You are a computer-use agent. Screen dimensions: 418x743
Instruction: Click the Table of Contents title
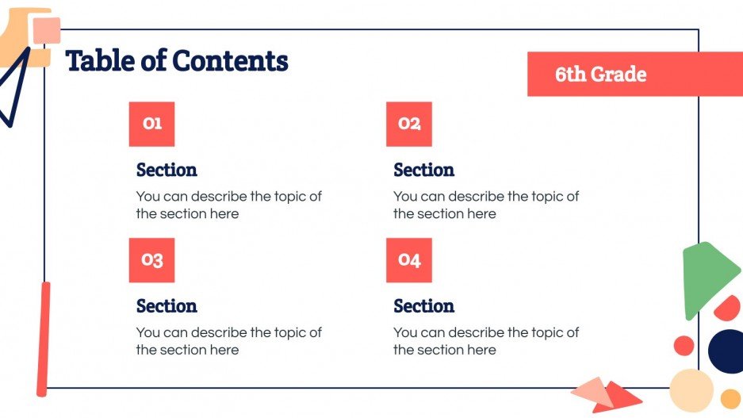point(176,61)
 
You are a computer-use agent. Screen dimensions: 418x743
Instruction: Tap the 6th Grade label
point(600,75)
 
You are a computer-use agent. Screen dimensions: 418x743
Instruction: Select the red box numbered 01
point(151,124)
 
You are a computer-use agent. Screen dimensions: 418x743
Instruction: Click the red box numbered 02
point(409,124)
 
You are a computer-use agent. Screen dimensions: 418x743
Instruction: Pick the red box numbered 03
point(151,260)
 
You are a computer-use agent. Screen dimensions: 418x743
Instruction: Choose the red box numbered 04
point(409,260)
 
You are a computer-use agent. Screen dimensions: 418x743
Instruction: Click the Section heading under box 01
point(167,170)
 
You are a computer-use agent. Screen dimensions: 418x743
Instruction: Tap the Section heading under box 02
point(423,170)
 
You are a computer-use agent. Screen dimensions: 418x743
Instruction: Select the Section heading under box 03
point(167,306)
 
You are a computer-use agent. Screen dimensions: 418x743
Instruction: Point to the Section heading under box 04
point(423,306)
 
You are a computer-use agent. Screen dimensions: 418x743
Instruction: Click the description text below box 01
point(228,205)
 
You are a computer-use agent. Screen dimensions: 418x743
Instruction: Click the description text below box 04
point(485,341)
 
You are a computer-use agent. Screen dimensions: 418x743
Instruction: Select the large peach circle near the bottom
point(691,389)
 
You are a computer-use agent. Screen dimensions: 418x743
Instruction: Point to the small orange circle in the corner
point(730,398)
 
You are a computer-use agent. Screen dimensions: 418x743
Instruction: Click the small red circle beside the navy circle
point(684,345)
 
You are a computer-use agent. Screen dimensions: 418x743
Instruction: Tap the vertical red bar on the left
point(44,339)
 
